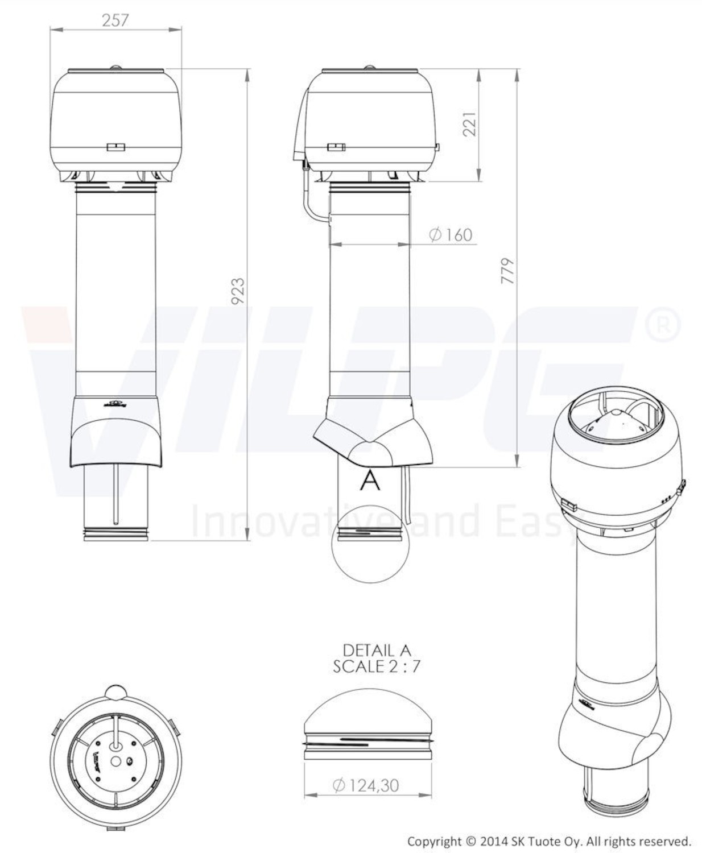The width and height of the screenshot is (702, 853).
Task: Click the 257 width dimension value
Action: (x=115, y=20)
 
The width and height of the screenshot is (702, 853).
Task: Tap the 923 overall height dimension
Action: (x=238, y=291)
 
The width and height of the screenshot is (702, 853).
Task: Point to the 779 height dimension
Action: (x=508, y=271)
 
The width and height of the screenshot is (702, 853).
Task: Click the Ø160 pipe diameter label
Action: (x=451, y=235)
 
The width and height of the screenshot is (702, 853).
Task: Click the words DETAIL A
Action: (x=377, y=651)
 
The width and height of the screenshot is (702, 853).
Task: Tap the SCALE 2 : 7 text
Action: (x=376, y=667)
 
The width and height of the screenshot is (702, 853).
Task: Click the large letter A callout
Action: (x=370, y=481)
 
